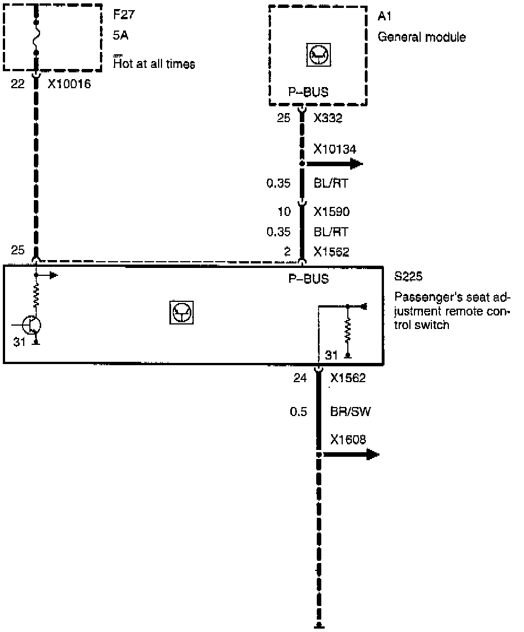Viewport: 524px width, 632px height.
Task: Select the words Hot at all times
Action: point(154,64)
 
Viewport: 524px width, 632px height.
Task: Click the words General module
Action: point(421,38)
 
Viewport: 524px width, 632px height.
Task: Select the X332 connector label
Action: point(327,119)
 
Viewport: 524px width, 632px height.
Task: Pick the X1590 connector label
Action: point(331,212)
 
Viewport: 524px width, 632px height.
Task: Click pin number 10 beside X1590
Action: point(285,212)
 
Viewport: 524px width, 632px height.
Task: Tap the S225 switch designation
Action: point(408,278)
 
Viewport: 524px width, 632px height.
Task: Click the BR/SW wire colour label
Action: point(350,412)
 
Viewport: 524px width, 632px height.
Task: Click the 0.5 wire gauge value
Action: point(298,412)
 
